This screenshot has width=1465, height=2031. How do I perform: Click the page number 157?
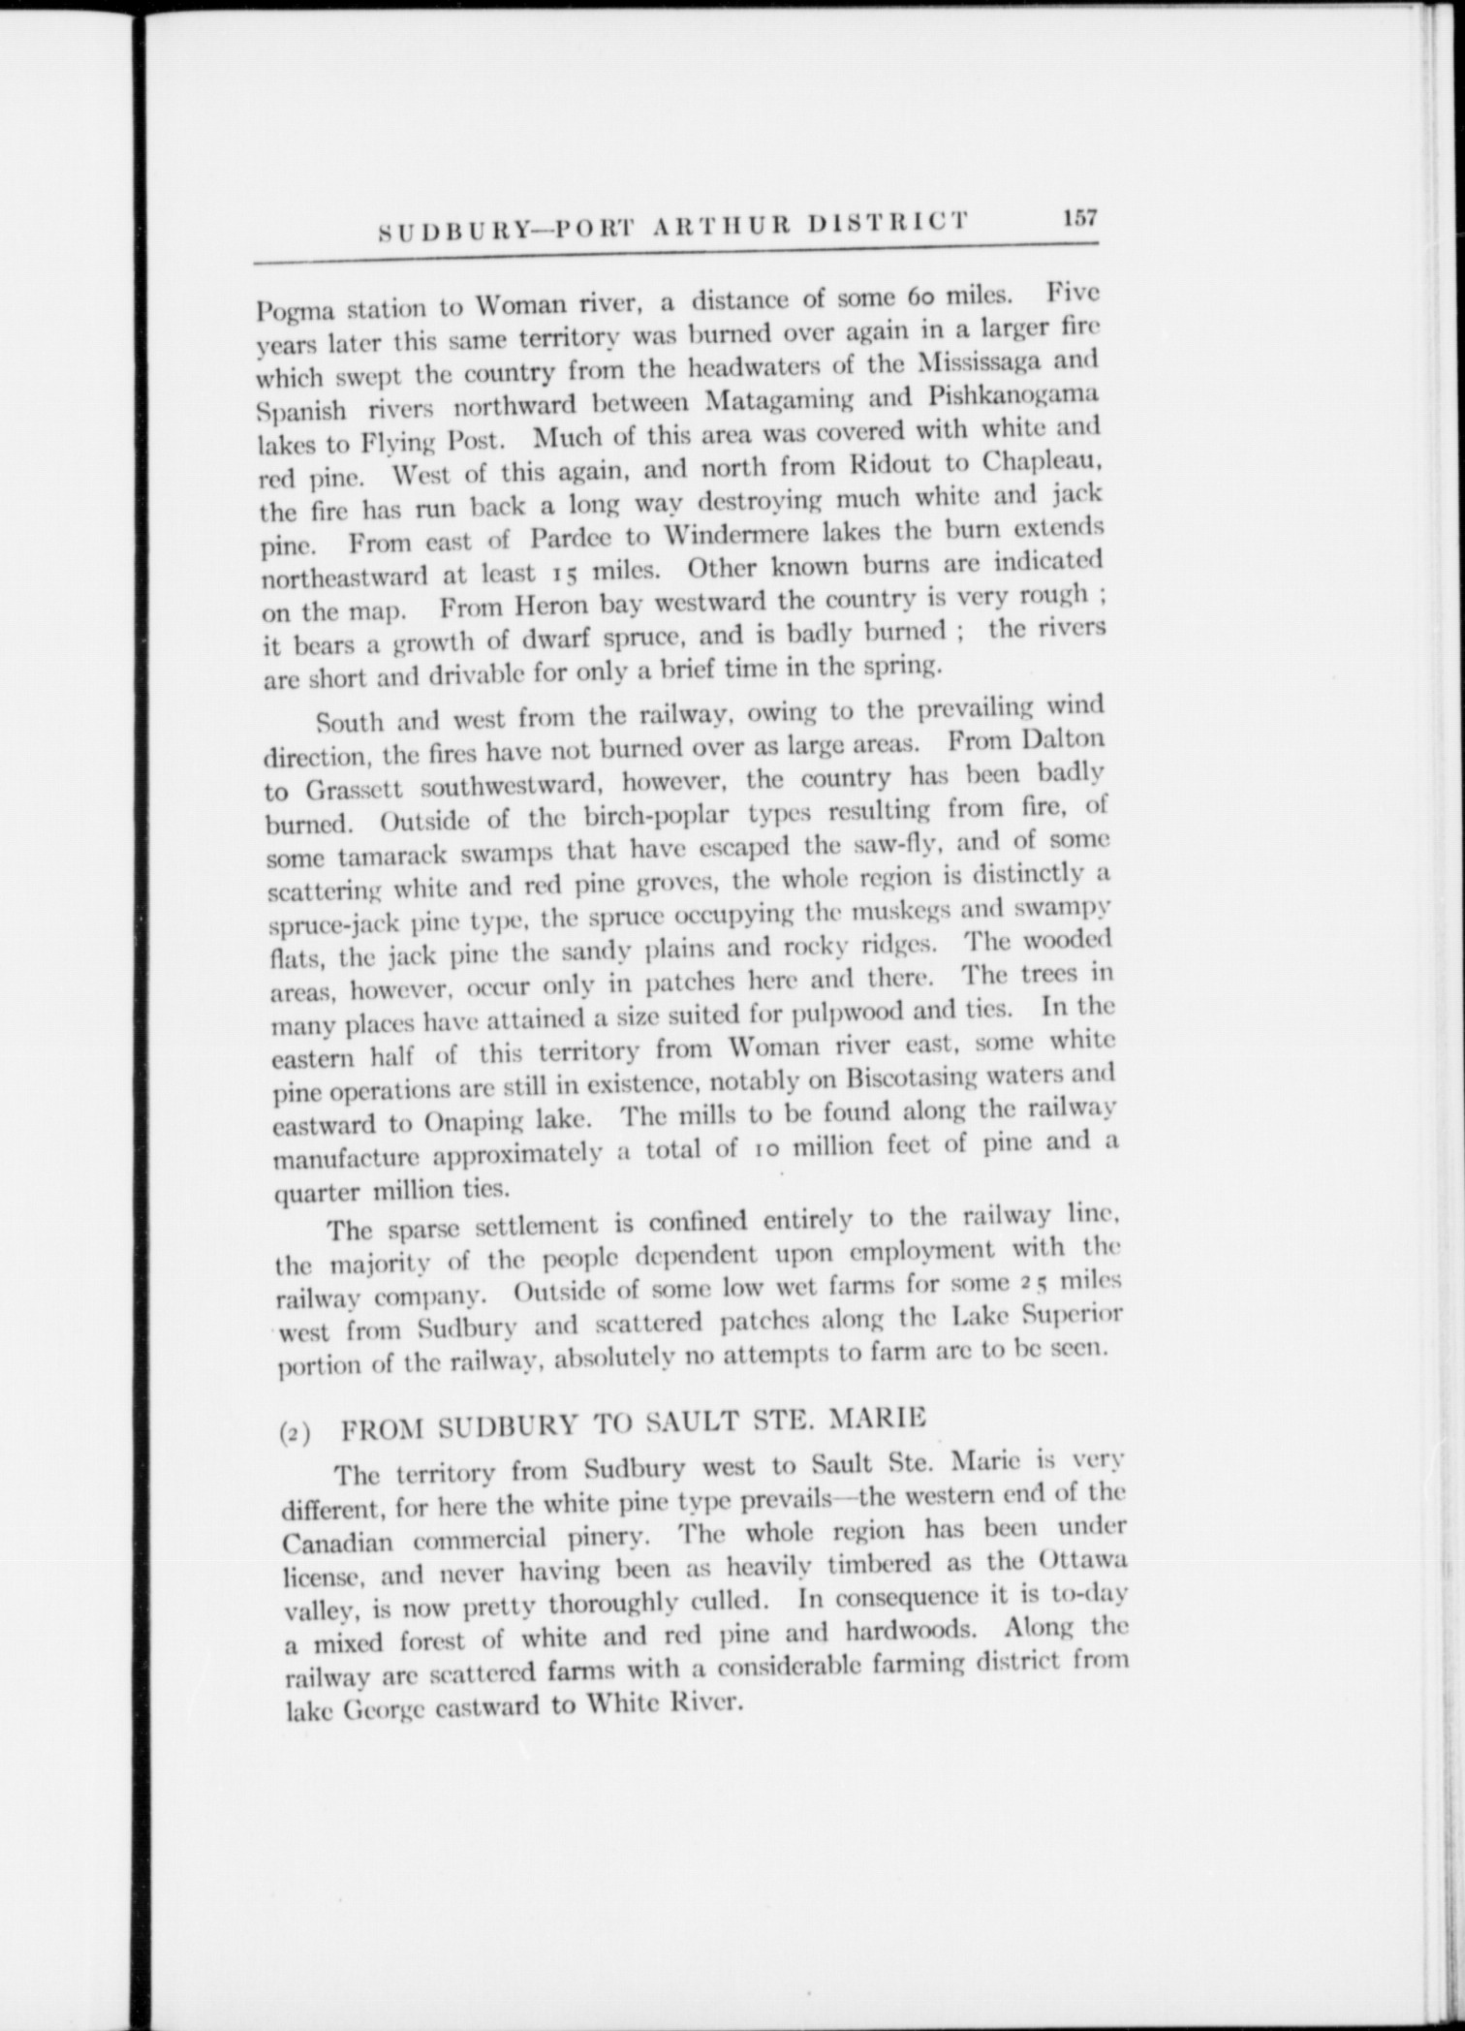pos(1078,217)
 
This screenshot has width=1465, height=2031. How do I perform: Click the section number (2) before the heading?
pos(294,1436)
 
